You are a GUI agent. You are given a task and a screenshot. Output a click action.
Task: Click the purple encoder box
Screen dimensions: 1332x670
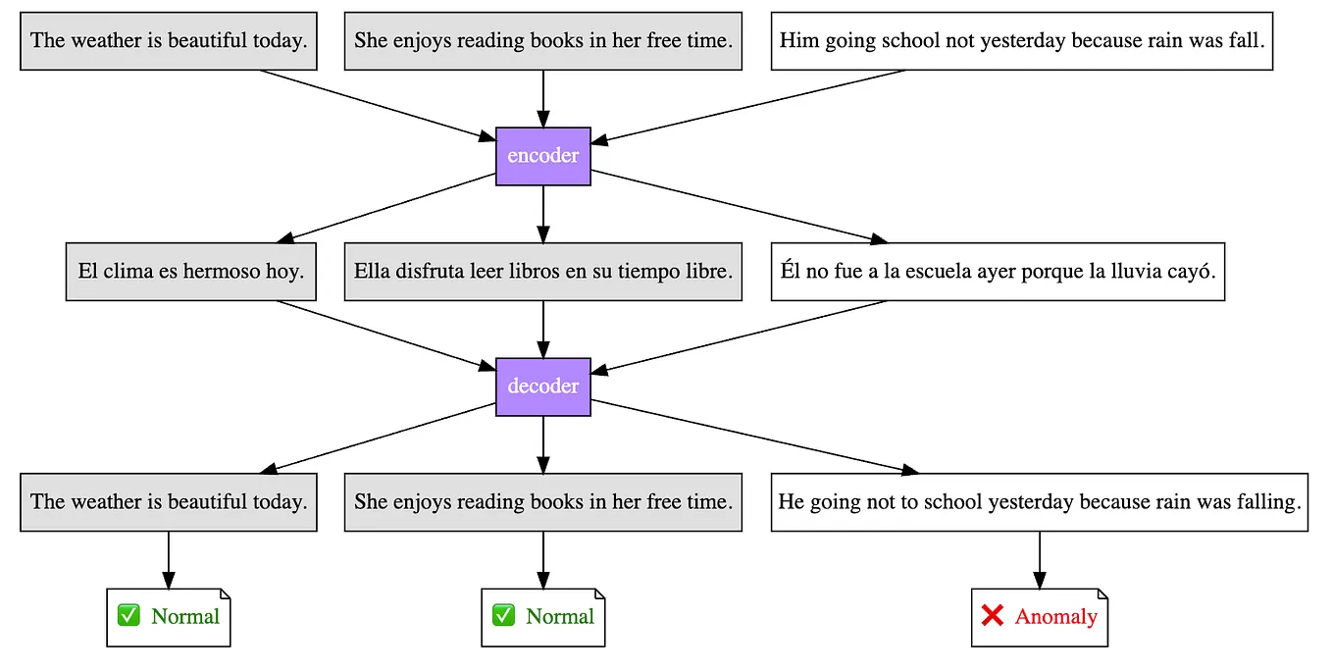(542, 156)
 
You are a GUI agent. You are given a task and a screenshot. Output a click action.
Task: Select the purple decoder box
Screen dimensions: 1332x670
(542, 387)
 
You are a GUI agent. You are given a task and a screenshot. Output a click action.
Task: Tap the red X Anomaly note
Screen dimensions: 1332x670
(1039, 617)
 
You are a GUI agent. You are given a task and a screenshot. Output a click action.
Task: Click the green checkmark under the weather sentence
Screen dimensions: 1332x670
(128, 616)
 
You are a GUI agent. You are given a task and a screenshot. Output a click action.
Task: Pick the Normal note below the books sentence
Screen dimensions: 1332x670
(542, 617)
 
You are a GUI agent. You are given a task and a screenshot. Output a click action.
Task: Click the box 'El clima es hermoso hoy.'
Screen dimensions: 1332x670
(190, 272)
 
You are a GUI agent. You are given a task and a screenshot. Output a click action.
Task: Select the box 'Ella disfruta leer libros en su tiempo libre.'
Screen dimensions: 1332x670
(542, 272)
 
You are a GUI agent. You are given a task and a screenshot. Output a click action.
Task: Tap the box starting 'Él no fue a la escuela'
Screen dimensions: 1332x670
(997, 272)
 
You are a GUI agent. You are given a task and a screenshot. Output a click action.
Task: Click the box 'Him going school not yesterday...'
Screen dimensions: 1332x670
(1021, 41)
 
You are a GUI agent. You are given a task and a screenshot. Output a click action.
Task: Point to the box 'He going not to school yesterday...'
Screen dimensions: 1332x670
(1039, 502)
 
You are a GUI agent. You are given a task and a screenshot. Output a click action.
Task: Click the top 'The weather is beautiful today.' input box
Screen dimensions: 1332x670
(169, 41)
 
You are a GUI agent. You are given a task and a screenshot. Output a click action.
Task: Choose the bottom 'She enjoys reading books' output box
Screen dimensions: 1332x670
(542, 502)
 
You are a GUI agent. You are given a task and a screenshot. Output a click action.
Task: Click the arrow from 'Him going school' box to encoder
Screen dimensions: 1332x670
(755, 106)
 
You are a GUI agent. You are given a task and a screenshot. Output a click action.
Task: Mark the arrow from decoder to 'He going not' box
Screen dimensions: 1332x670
(755, 438)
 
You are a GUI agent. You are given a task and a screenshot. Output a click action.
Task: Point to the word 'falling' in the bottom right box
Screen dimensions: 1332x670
(1265, 502)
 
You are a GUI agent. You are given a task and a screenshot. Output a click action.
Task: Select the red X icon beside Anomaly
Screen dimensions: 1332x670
(992, 616)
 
